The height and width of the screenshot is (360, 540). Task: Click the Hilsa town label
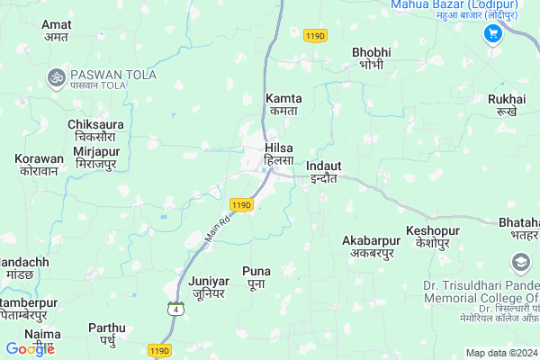[x=279, y=153]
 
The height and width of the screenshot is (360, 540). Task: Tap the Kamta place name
[x=284, y=103]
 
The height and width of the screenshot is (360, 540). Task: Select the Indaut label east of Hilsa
[x=323, y=172]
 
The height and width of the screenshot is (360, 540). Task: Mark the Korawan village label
[x=40, y=165]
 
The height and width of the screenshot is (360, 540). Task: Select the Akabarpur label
[x=371, y=247]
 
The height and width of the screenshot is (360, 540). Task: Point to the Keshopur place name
[x=433, y=238]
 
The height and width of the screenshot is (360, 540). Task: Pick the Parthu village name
[x=107, y=334]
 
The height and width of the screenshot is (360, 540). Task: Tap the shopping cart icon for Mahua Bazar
[x=492, y=33]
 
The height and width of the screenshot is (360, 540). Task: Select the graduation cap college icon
[x=520, y=263]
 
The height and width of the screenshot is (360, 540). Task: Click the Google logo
[x=30, y=349]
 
